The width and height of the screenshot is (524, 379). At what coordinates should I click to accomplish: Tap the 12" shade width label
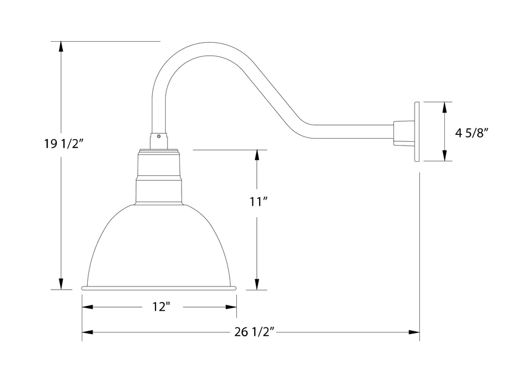pyautogui.click(x=161, y=307)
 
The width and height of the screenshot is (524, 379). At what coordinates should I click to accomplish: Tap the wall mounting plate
pyautogui.click(x=418, y=132)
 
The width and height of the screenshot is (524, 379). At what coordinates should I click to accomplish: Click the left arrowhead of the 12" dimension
pyautogui.click(x=88, y=307)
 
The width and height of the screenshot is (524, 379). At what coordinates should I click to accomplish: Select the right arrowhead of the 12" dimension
pyautogui.click(x=231, y=307)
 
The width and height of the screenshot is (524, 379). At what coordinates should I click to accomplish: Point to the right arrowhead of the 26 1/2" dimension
pyautogui.click(x=415, y=331)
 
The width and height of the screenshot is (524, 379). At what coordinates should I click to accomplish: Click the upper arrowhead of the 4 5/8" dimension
pyautogui.click(x=444, y=107)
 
